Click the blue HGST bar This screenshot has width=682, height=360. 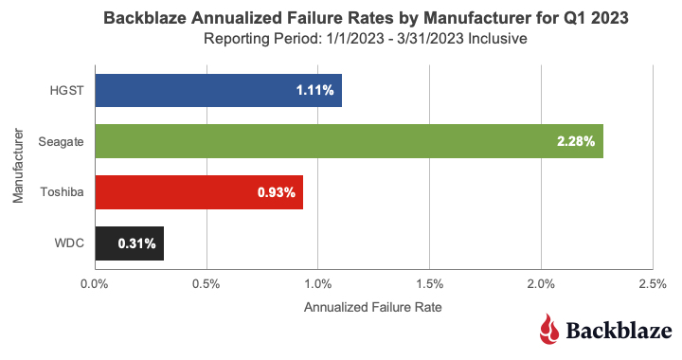[219, 90]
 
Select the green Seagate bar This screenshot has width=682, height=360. [350, 141]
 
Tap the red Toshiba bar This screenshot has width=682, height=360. [199, 192]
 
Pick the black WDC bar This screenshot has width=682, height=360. [130, 243]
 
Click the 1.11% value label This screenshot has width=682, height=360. [314, 90]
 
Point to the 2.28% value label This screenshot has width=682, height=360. [576, 141]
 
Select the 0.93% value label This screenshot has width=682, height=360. [277, 192]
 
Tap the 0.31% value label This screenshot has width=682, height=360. [136, 243]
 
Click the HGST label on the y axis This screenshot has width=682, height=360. [66, 90]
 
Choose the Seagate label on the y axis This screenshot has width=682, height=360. [61, 142]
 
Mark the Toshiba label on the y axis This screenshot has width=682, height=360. [62, 192]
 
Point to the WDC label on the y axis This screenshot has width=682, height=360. [69, 243]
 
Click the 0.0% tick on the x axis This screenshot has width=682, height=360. [95, 284]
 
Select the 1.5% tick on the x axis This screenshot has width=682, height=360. [429, 284]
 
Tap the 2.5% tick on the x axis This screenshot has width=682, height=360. [653, 284]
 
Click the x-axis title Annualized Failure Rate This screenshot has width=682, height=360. [373, 307]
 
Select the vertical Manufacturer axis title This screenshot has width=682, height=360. [18, 166]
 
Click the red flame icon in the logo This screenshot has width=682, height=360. [549, 329]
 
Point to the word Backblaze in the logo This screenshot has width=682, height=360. [619, 331]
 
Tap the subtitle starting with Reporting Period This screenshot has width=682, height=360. [366, 39]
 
